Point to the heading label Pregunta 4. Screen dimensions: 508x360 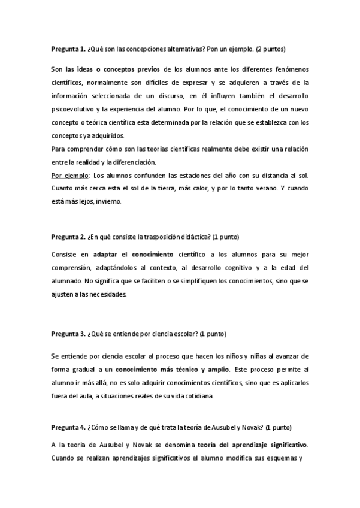(x=68, y=428)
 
